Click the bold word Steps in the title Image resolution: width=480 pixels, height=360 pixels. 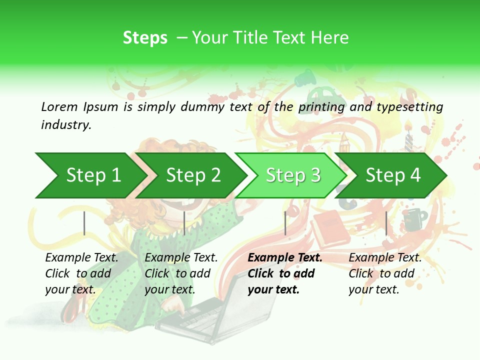(x=145, y=38)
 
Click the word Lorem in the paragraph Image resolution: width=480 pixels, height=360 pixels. (x=59, y=106)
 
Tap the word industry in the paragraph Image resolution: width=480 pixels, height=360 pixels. (x=65, y=124)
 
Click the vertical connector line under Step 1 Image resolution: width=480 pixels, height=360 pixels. (x=84, y=223)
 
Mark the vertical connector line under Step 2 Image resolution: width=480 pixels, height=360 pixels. (x=184, y=223)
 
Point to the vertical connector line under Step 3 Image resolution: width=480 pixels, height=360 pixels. (x=285, y=223)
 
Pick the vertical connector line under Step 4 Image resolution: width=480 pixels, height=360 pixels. (x=386, y=223)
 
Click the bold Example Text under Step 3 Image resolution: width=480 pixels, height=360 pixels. (x=285, y=258)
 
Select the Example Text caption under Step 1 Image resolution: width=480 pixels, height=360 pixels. (x=81, y=258)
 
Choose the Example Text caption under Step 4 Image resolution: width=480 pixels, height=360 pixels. (x=385, y=258)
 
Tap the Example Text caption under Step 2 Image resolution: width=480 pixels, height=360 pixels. (x=181, y=258)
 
